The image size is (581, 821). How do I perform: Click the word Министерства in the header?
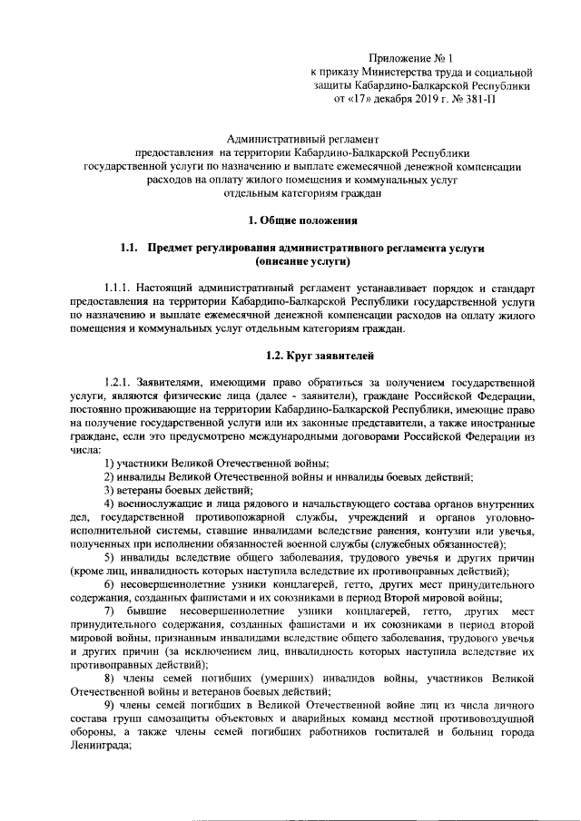pos(395,71)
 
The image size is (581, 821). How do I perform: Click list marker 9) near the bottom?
pos(109,707)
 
